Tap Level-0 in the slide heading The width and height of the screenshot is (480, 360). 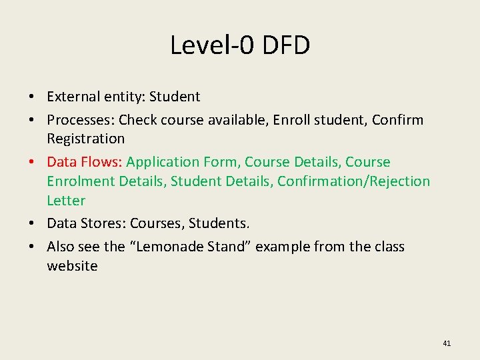click(x=211, y=45)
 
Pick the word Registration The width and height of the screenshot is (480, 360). click(x=85, y=139)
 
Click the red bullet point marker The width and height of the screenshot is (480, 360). click(x=31, y=162)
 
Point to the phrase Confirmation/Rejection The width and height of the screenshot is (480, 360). click(x=353, y=181)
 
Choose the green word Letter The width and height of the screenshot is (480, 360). click(x=66, y=201)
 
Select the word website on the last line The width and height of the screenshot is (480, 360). click(x=72, y=266)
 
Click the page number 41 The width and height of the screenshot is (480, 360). click(x=447, y=343)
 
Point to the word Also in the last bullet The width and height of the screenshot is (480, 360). click(x=61, y=247)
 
